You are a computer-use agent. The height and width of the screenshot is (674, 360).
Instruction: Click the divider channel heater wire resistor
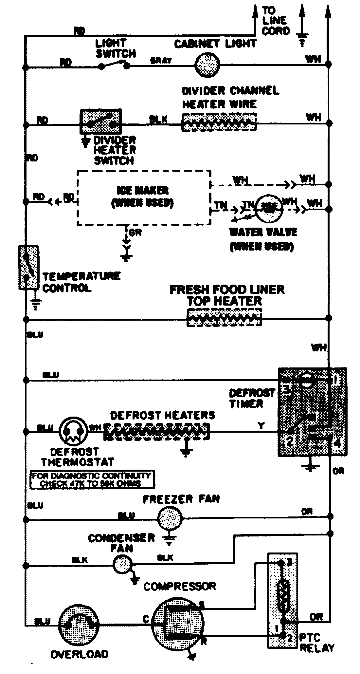[x=219, y=122]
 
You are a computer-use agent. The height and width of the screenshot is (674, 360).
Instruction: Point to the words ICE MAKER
[x=143, y=190]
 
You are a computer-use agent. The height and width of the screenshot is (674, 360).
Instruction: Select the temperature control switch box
[x=28, y=267]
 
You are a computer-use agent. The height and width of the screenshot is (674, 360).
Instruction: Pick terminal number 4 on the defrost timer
[x=338, y=444]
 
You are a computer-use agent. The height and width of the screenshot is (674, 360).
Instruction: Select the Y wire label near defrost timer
[x=261, y=426]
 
